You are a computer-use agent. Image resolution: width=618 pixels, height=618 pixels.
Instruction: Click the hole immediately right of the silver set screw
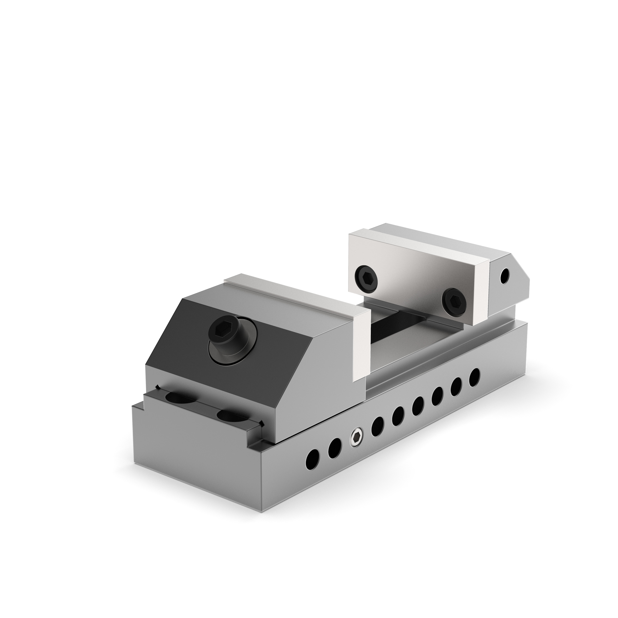click(378, 426)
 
